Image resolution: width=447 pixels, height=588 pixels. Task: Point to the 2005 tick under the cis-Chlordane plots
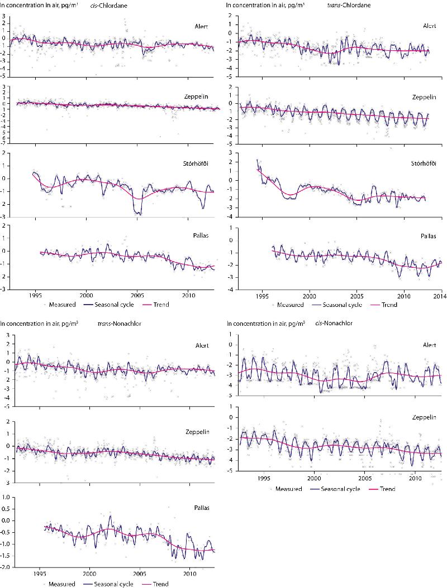[x=137, y=294]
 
